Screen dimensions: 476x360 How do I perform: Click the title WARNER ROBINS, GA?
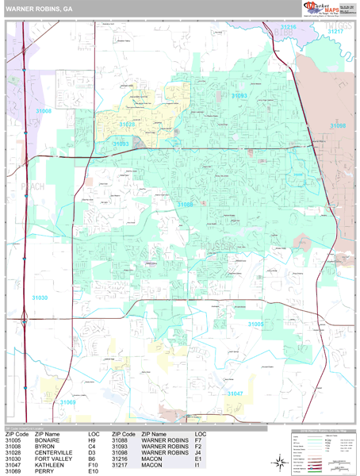click(36, 9)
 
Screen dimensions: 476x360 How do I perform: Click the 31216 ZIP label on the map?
click(288, 27)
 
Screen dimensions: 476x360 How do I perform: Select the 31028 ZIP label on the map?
click(128, 125)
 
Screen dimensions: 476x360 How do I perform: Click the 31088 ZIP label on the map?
click(186, 204)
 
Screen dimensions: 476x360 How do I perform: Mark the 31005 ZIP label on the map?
click(256, 324)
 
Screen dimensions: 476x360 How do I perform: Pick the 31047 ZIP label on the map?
click(236, 393)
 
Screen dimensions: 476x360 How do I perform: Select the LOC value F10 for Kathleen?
click(93, 466)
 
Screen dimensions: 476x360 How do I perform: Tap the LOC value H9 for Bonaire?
click(92, 440)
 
